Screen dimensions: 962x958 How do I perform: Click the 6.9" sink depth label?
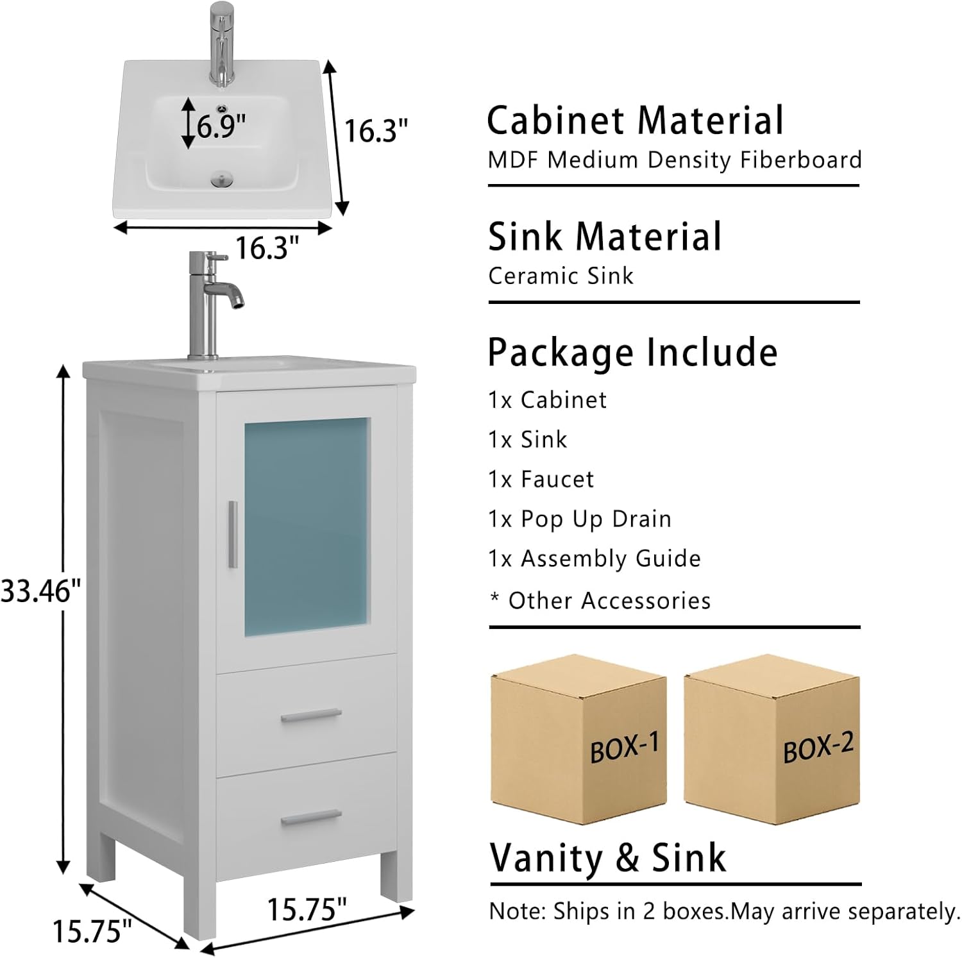pos(221,126)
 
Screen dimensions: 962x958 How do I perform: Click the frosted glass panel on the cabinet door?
pos(307,526)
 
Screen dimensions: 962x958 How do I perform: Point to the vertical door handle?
pos(233,534)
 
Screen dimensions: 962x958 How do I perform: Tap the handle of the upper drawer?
pos(311,715)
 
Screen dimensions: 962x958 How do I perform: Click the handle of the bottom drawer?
pos(311,818)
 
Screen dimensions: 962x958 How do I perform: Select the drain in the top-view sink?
pos(222,180)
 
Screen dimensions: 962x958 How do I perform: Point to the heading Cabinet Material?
pos(635,121)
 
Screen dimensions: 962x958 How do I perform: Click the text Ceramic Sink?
pos(561,276)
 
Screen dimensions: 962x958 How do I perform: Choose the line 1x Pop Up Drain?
pos(580,519)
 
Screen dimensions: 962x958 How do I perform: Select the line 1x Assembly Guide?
pos(595,559)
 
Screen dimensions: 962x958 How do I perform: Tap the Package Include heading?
pos(632,353)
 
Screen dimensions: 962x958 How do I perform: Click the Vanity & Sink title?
pos(607,858)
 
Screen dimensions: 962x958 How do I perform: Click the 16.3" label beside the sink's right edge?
pos(376,131)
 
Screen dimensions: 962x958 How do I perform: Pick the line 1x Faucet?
pos(541,479)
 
